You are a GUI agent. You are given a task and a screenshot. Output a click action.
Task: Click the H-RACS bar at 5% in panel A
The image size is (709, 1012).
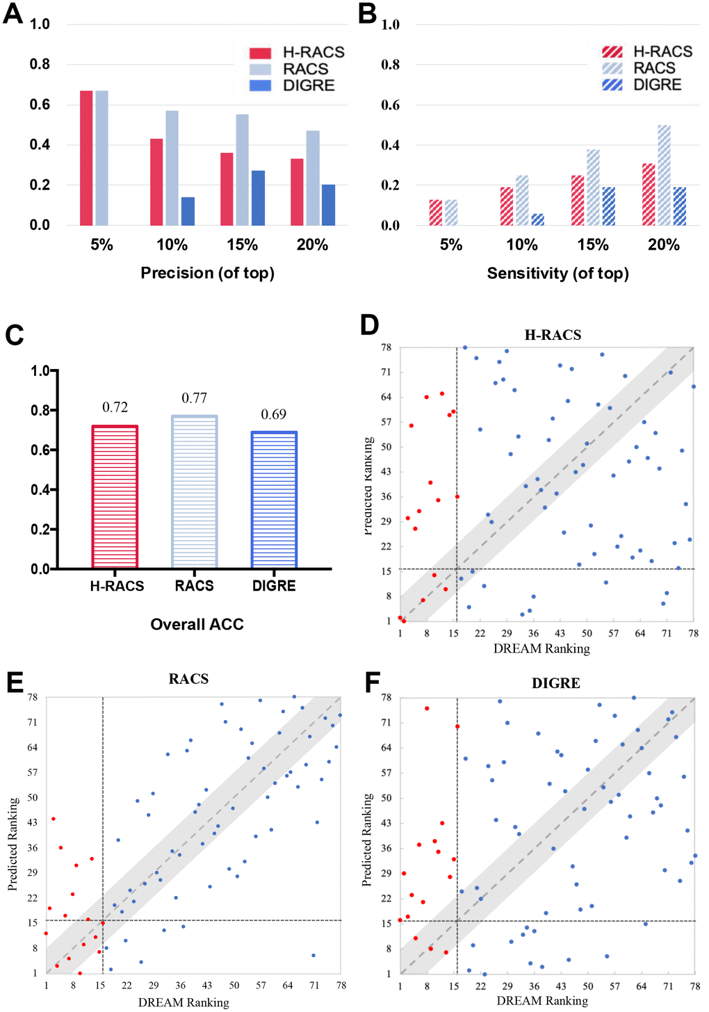[x=86, y=158]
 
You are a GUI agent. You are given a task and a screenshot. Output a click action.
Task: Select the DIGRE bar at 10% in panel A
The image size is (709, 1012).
[x=188, y=211]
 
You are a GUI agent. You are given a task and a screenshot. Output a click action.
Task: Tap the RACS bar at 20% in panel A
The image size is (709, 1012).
[x=313, y=178]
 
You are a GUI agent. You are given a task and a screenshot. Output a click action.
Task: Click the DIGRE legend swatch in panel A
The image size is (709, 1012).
[x=260, y=85]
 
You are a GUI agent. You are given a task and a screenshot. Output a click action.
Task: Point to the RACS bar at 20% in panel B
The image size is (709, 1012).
[x=664, y=175]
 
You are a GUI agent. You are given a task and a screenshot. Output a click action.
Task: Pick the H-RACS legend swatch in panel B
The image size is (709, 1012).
[x=612, y=51]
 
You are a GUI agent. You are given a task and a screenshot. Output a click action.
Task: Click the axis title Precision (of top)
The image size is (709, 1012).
[x=207, y=272]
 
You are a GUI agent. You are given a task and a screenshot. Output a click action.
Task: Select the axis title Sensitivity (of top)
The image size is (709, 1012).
[x=557, y=273]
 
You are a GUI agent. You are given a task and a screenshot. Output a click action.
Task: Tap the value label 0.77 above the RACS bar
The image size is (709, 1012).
[x=195, y=398]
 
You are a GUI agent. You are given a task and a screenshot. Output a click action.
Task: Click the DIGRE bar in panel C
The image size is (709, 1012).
[x=274, y=500]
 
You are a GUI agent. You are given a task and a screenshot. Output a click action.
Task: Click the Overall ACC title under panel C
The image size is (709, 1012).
[x=197, y=624]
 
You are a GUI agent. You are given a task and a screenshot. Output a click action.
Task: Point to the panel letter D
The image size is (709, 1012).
[x=369, y=325]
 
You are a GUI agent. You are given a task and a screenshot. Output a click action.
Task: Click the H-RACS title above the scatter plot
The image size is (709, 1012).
[x=553, y=335]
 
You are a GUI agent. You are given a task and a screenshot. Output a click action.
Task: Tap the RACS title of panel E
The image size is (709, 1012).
[x=188, y=679]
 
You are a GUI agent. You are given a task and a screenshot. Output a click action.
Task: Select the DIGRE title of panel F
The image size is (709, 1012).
[x=556, y=683]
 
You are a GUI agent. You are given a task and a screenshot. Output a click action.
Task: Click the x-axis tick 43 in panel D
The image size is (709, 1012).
[x=560, y=633]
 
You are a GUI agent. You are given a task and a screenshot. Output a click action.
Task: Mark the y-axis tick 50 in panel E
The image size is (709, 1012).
[x=32, y=798]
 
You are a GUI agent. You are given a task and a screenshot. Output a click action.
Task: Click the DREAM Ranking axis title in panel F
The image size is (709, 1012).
[x=542, y=1001]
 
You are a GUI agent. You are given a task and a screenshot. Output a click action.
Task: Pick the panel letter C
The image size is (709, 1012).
[x=15, y=335]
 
